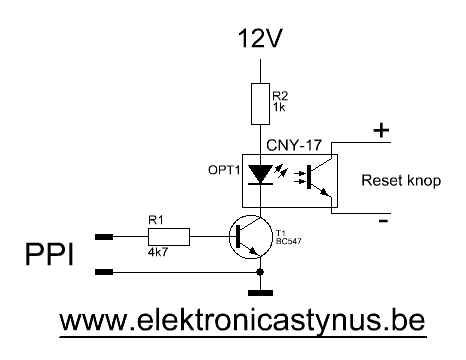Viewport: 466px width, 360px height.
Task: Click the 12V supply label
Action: coord(260,38)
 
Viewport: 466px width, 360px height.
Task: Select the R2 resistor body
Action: coord(260,104)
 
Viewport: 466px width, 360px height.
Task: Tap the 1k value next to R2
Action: coord(279,107)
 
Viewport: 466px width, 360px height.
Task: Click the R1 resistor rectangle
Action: coord(169,237)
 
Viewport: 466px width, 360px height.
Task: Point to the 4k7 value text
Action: coord(158,252)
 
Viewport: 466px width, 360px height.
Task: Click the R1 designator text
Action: coord(156,220)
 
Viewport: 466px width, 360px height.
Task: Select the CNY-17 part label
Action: coord(294,145)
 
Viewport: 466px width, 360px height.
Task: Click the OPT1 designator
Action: coord(224,170)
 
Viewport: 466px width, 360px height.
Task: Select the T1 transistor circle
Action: coord(251,237)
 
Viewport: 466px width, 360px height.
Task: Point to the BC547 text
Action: coord(289,241)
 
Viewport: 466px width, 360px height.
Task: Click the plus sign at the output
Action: coord(381,131)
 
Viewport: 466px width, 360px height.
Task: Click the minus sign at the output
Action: coord(383,221)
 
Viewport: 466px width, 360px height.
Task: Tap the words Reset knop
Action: coord(401,180)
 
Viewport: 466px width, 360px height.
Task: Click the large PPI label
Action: coord(49,255)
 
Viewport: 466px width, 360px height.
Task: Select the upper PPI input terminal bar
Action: coord(104,237)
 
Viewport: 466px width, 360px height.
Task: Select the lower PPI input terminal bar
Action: coord(104,272)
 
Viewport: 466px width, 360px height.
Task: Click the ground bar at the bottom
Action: coord(260,293)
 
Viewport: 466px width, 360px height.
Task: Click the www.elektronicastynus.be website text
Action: coord(242,321)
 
